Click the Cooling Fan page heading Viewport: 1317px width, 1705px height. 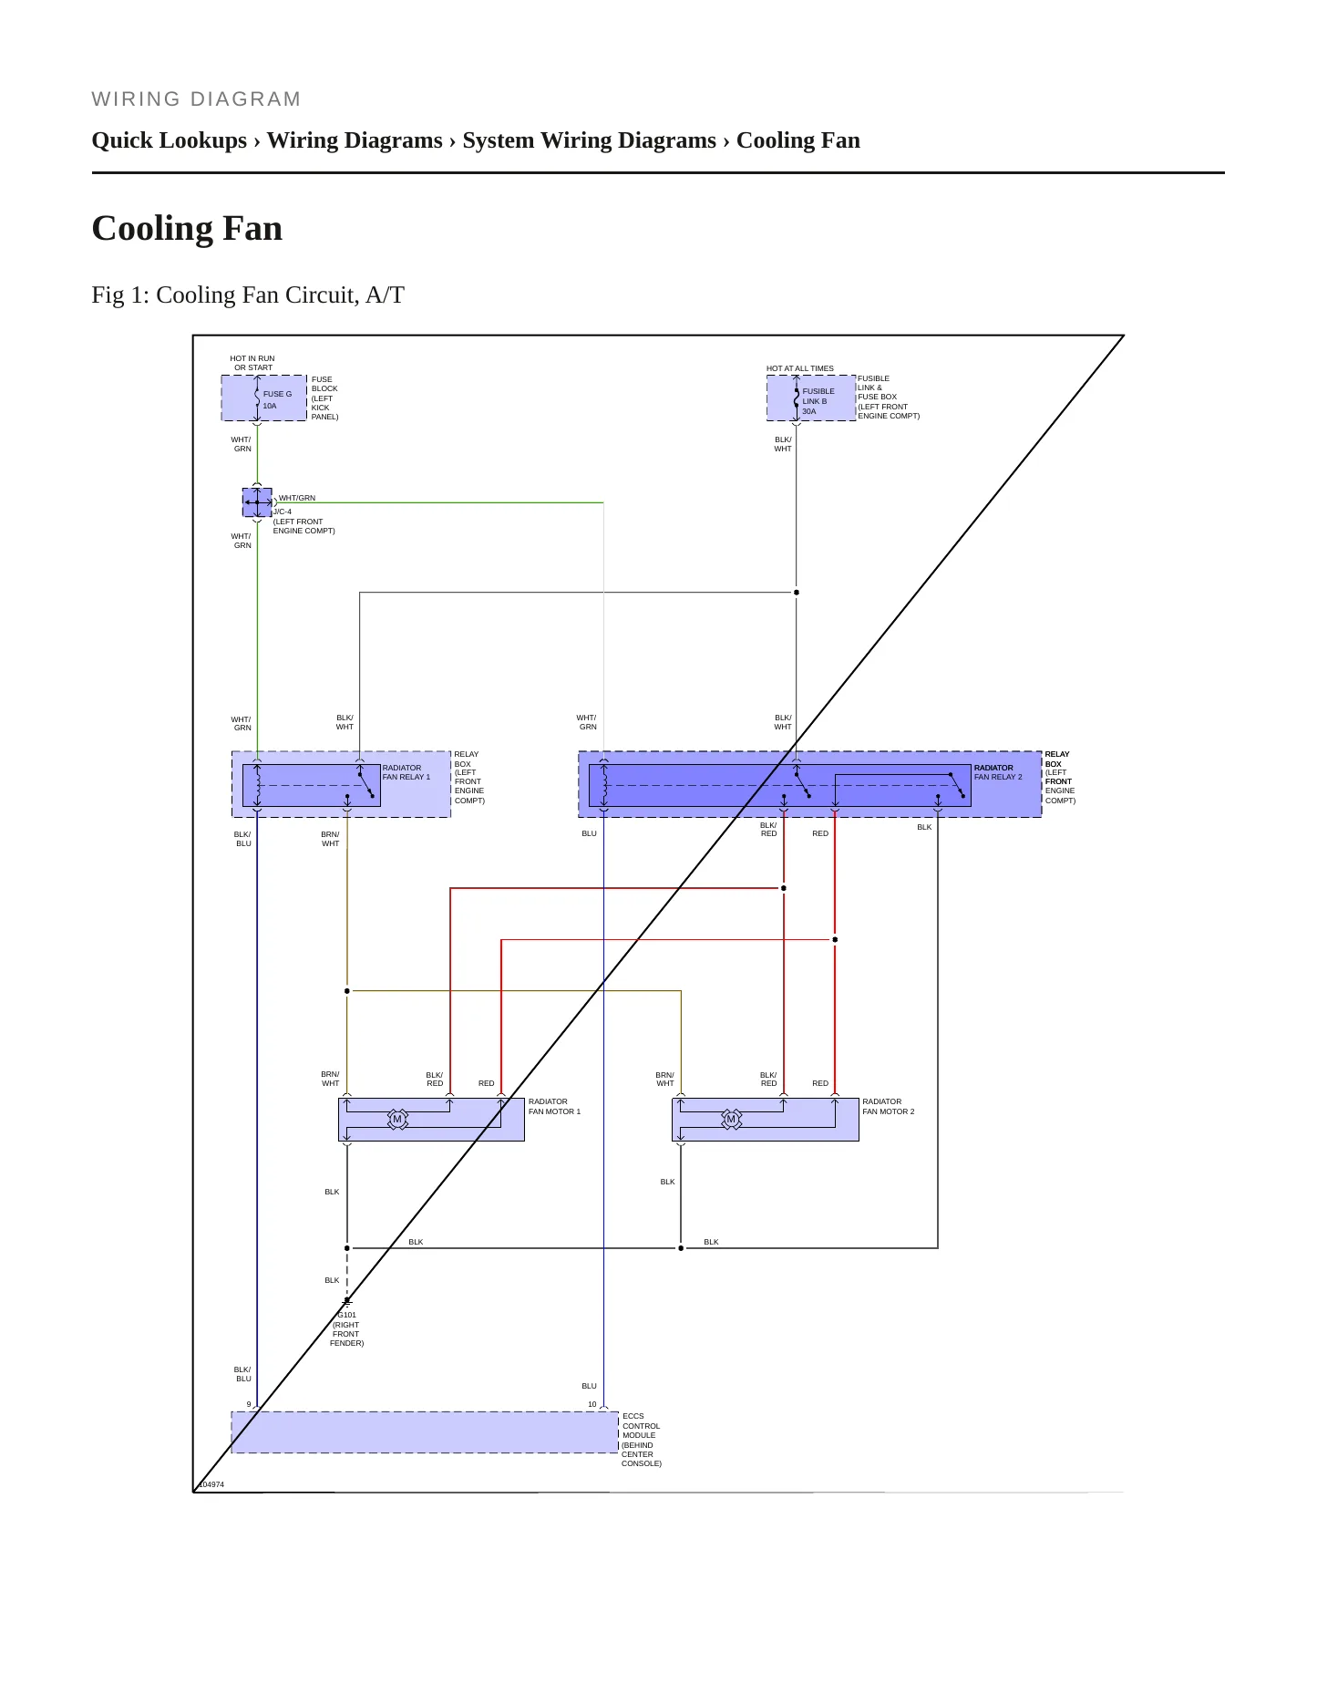[x=187, y=228]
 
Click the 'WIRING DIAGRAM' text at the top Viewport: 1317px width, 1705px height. [x=196, y=99]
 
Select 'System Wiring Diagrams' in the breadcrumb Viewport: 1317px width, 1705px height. [x=589, y=140]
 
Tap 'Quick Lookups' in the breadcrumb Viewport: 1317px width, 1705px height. [x=170, y=140]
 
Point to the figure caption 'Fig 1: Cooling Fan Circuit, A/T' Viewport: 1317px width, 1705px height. [x=248, y=295]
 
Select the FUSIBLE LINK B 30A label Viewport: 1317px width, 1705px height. [x=818, y=401]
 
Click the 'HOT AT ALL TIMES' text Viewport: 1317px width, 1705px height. [x=799, y=368]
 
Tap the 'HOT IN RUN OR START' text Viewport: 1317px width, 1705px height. [x=252, y=363]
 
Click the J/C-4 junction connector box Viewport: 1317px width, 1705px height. [x=257, y=502]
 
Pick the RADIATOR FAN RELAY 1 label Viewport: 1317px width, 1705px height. [x=406, y=772]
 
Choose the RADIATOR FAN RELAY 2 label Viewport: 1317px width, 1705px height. [x=998, y=772]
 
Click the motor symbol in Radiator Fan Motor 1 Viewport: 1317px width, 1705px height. [x=397, y=1119]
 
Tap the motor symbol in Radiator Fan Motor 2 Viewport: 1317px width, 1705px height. [x=731, y=1119]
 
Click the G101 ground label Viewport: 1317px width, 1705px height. [x=346, y=1315]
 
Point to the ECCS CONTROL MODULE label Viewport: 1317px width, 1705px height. [x=642, y=1440]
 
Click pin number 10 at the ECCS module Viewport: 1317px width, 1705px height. [x=592, y=1404]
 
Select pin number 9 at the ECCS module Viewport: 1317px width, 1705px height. [x=249, y=1404]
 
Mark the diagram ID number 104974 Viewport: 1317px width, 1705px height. [x=211, y=1484]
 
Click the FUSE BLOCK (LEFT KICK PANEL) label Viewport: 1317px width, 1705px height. [x=324, y=398]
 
